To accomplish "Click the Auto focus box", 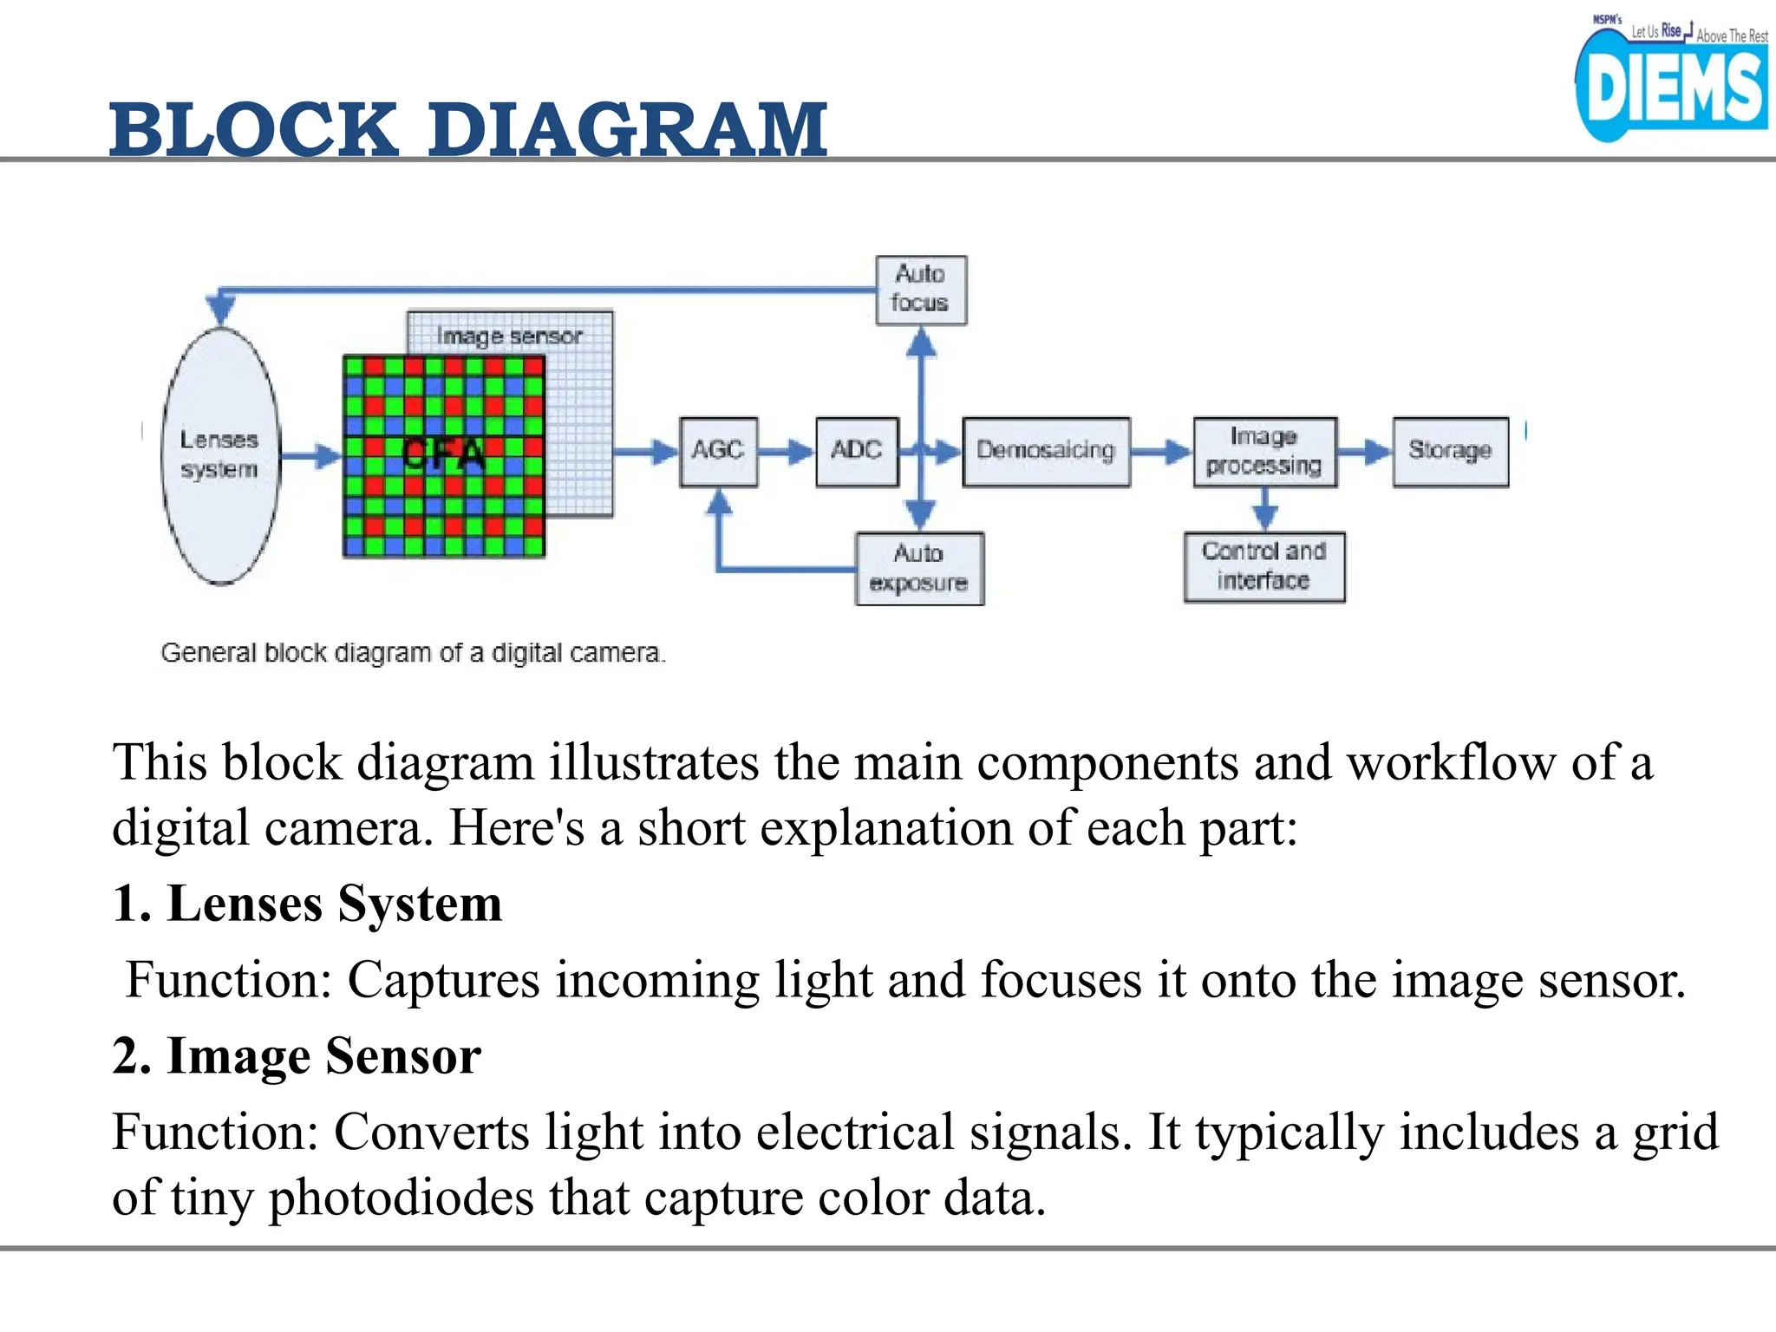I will (x=920, y=290).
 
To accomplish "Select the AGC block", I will (x=718, y=451).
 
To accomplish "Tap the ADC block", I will (x=856, y=451).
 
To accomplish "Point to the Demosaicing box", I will (x=1046, y=451).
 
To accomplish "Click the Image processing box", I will (x=1263, y=451).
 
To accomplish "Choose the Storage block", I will (x=1450, y=451).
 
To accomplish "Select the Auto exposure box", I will (x=918, y=568).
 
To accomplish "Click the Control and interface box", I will (x=1263, y=566).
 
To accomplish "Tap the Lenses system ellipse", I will (x=220, y=455).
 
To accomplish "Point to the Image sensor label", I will (x=510, y=336).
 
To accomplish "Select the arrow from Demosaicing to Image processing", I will (x=1162, y=452).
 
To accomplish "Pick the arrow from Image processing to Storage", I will (x=1365, y=452).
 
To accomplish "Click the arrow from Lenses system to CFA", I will (x=311, y=456).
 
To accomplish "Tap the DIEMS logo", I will (x=1670, y=87).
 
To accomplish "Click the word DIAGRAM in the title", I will (x=627, y=130).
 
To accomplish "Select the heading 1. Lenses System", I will (x=307, y=904).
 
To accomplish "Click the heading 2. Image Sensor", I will (x=297, y=1055).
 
